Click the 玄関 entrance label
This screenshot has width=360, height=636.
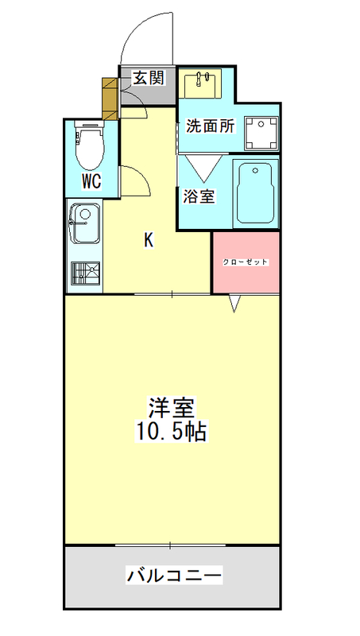point(149,77)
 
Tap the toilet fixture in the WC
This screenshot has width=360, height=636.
point(90,145)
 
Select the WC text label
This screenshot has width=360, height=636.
point(91,182)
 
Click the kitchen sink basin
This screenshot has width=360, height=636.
point(85,223)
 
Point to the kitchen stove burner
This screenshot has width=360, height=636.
point(85,273)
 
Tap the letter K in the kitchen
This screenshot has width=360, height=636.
point(149,241)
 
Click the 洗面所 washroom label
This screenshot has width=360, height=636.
point(210,126)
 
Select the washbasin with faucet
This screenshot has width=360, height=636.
point(200,83)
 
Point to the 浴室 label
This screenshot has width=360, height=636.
point(199,196)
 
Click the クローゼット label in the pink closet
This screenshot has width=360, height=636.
point(246,262)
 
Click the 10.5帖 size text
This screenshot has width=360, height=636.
point(171,432)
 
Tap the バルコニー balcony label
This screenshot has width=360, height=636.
point(174,575)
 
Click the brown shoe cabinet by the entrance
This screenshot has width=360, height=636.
point(110,99)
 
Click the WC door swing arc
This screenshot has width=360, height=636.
point(142,173)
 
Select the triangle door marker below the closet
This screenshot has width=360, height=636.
point(234,304)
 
